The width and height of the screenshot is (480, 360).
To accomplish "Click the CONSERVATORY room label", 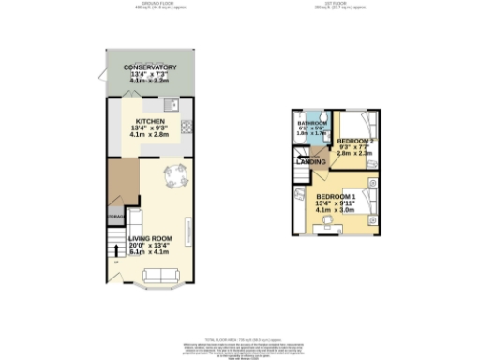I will [x=150, y=67].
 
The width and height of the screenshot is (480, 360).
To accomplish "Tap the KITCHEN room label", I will [x=150, y=122].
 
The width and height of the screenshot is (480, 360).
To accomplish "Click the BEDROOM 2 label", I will [x=356, y=141].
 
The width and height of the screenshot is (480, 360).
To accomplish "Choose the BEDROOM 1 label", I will [x=337, y=195].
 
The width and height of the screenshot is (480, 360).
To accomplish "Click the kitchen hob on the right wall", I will [x=187, y=128].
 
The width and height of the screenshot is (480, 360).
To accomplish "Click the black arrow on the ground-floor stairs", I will [x=115, y=249].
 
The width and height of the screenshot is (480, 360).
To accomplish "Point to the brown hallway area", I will [x=119, y=183].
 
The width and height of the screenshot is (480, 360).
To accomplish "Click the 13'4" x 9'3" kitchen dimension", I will [x=150, y=130].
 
